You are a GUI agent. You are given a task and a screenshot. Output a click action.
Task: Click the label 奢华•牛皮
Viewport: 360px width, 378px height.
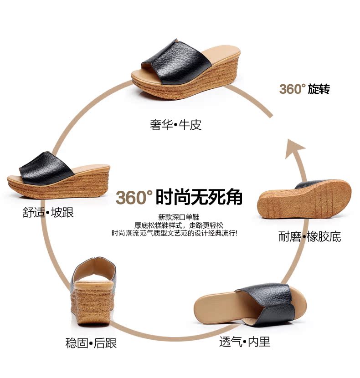175,125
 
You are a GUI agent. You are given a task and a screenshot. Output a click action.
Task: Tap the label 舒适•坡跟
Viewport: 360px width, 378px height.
48,213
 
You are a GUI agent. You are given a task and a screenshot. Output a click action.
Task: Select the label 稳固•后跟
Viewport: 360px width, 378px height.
91,343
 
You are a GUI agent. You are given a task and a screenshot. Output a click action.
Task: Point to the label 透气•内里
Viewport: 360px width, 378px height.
245,342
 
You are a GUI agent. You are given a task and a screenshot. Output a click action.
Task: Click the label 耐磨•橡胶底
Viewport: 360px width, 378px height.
309,236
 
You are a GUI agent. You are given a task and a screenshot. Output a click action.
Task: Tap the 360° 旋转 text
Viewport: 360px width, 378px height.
304,89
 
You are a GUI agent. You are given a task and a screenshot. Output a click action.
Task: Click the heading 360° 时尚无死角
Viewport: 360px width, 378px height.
179,198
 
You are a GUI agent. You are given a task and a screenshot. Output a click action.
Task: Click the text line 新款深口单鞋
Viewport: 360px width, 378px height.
179,217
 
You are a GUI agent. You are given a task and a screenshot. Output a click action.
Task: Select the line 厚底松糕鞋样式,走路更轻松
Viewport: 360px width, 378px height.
179,225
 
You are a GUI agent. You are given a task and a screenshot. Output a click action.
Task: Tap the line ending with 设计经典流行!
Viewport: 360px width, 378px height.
179,233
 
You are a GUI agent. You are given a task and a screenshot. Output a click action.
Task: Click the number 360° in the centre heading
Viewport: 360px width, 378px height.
134,198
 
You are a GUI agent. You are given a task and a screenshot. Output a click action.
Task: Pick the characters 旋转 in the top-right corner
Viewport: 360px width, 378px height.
319,89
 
